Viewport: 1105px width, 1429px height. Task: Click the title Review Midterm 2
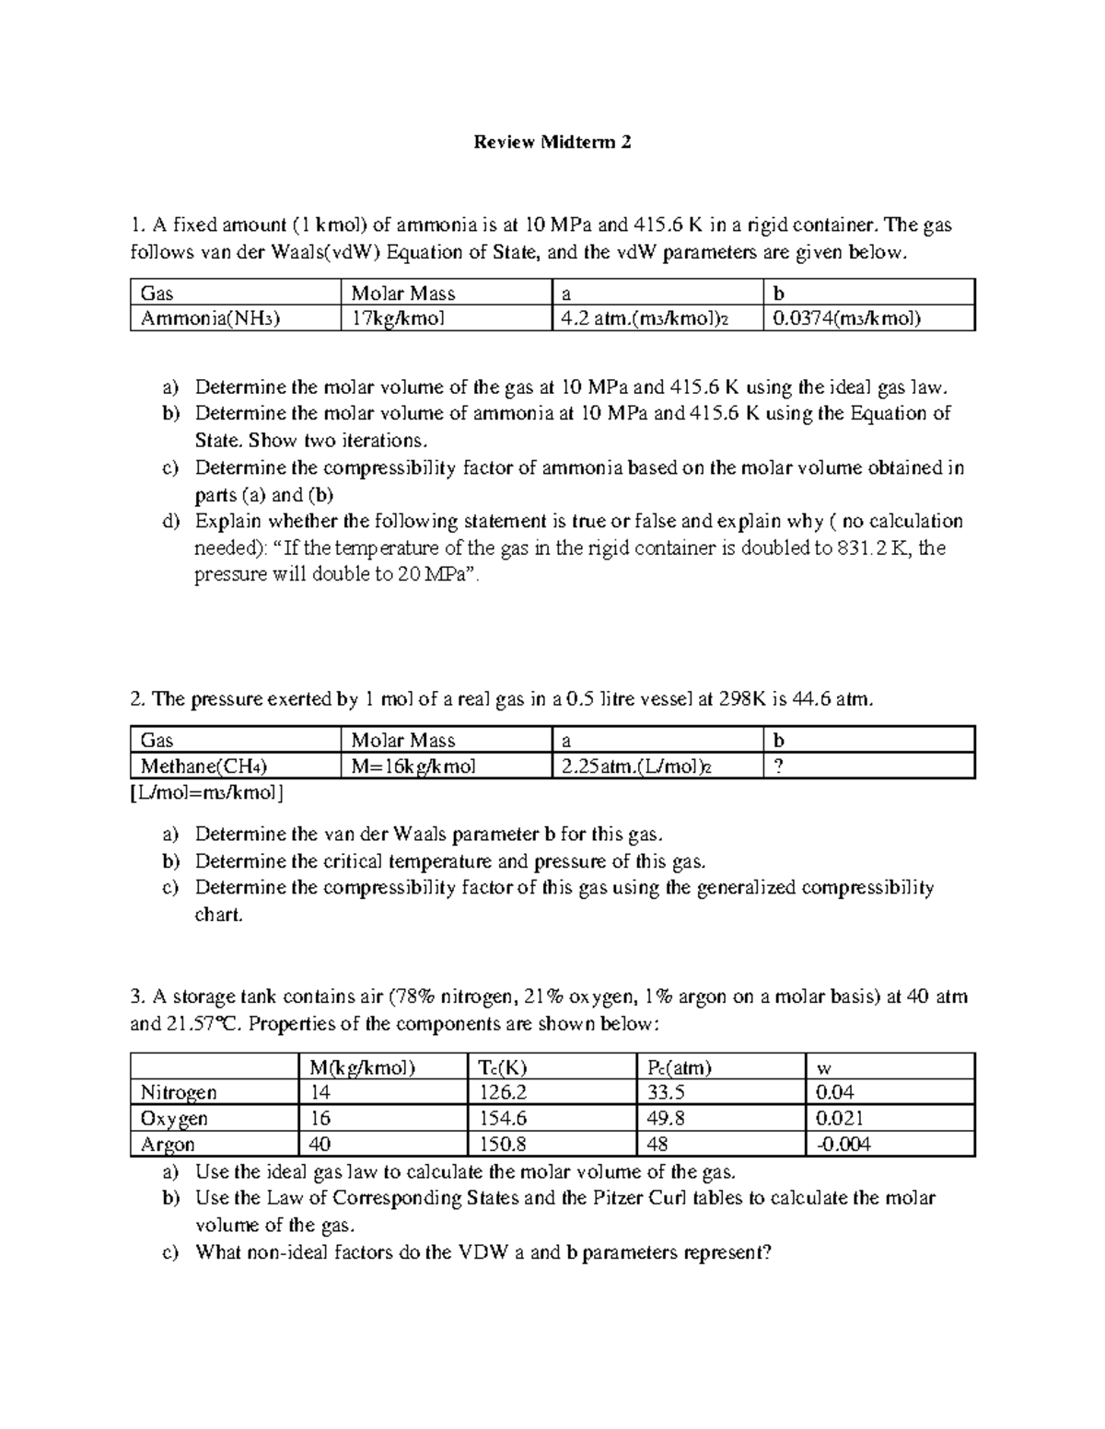[x=552, y=143]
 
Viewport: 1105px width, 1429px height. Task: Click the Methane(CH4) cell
[x=204, y=766]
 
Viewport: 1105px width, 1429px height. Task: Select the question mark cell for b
[x=778, y=766]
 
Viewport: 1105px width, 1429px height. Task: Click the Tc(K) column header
[x=503, y=1067]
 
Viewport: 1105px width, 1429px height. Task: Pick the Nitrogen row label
[x=178, y=1092]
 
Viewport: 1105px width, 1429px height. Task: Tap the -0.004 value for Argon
[x=844, y=1145]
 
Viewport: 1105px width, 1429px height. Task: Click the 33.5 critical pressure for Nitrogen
[x=666, y=1092]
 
